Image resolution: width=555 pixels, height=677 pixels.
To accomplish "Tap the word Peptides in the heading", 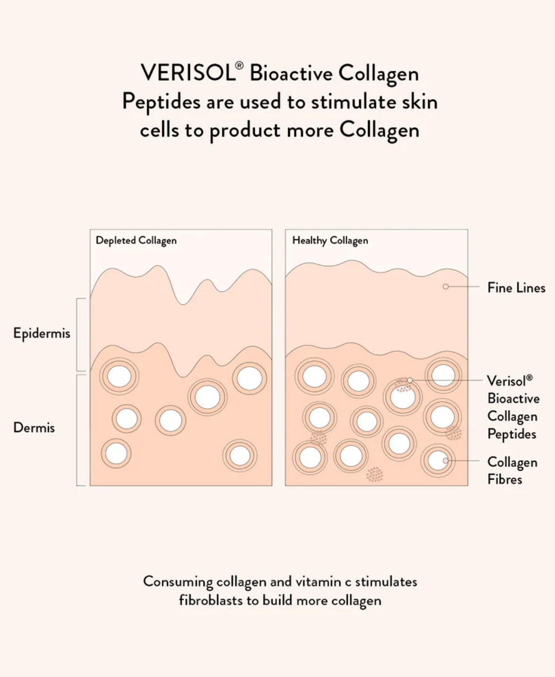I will (161, 102).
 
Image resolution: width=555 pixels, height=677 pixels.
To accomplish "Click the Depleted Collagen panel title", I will (136, 241).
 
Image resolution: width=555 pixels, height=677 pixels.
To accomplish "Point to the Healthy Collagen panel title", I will (330, 241).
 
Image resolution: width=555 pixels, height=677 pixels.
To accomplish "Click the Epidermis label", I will (42, 334).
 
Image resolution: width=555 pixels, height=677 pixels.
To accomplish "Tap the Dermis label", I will (34, 428).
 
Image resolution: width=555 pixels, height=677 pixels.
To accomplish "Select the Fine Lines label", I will (516, 288).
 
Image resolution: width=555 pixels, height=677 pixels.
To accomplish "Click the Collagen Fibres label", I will (511, 470).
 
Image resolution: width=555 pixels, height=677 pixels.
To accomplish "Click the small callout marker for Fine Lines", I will (446, 287).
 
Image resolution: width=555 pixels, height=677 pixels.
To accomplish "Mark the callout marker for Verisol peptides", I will (410, 380).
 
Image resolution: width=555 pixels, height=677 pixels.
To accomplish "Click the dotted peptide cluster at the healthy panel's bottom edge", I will (375, 475).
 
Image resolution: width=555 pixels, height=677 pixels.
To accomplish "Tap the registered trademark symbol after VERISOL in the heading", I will (239, 66).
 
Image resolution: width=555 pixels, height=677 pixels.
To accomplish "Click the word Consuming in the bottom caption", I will (178, 582).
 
